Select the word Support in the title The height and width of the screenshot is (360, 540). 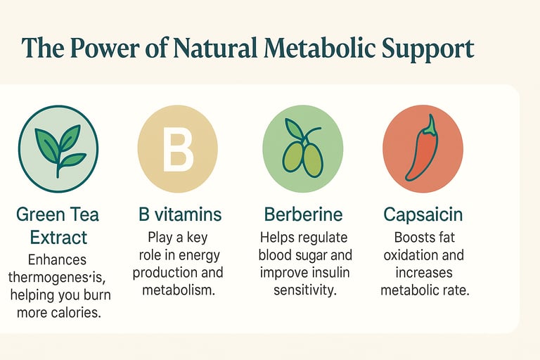(428, 49)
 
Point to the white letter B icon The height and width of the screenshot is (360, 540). (178, 149)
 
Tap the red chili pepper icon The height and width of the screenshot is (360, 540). (423, 148)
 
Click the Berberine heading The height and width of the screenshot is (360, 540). (304, 214)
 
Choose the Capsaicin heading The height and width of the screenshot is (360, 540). (423, 215)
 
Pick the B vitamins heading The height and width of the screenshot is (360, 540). (180, 214)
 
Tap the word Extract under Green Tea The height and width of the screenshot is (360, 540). (58, 238)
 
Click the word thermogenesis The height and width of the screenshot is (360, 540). (57, 277)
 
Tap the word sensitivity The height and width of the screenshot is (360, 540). (304, 290)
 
